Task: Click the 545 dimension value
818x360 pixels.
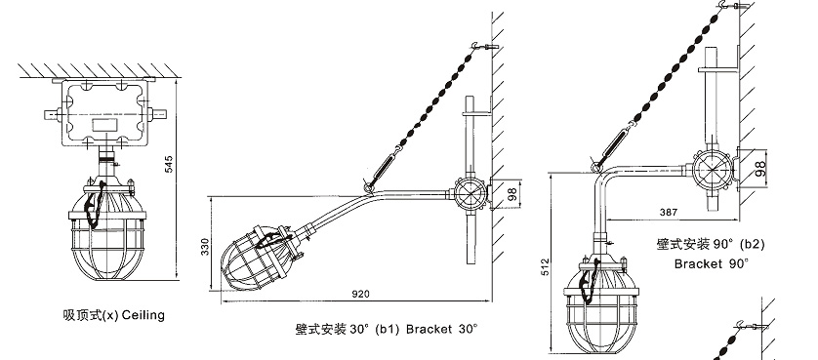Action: tap(169, 165)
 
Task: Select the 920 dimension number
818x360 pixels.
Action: tap(360, 295)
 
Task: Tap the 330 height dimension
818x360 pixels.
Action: tap(205, 247)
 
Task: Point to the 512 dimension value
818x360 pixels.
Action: tap(545, 267)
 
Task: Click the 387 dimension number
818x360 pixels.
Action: tap(669, 212)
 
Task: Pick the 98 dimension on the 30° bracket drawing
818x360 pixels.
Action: tap(512, 194)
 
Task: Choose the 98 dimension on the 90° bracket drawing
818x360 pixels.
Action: tap(760, 168)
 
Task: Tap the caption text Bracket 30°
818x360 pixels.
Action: tap(441, 329)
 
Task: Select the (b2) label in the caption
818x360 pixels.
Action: tap(753, 244)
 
